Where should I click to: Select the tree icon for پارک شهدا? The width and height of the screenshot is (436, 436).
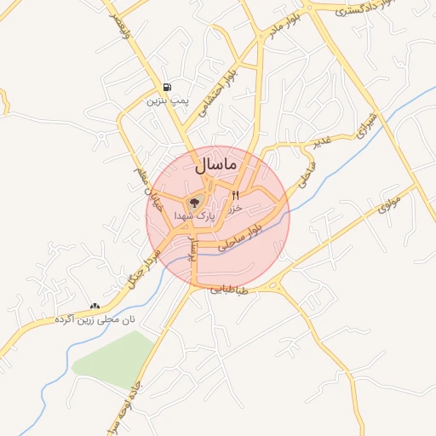(194, 203)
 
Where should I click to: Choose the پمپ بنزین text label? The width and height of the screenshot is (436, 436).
(166, 100)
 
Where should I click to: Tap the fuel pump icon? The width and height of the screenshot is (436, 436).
(166, 87)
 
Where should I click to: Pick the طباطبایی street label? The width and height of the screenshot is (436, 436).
(231, 291)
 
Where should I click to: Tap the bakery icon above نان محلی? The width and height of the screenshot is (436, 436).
(95, 306)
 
